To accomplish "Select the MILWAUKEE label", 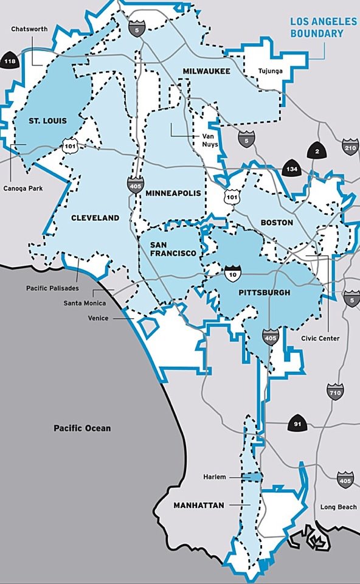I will [206, 72].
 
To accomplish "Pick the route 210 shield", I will [350, 148].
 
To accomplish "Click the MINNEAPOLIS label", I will [173, 193].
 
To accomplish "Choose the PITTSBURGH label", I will [264, 293].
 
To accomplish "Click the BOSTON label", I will [277, 223].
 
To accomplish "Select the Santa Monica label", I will [85, 303].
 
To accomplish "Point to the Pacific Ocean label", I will [82, 428].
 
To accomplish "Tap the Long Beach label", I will [339, 507].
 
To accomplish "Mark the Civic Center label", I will [320, 339].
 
